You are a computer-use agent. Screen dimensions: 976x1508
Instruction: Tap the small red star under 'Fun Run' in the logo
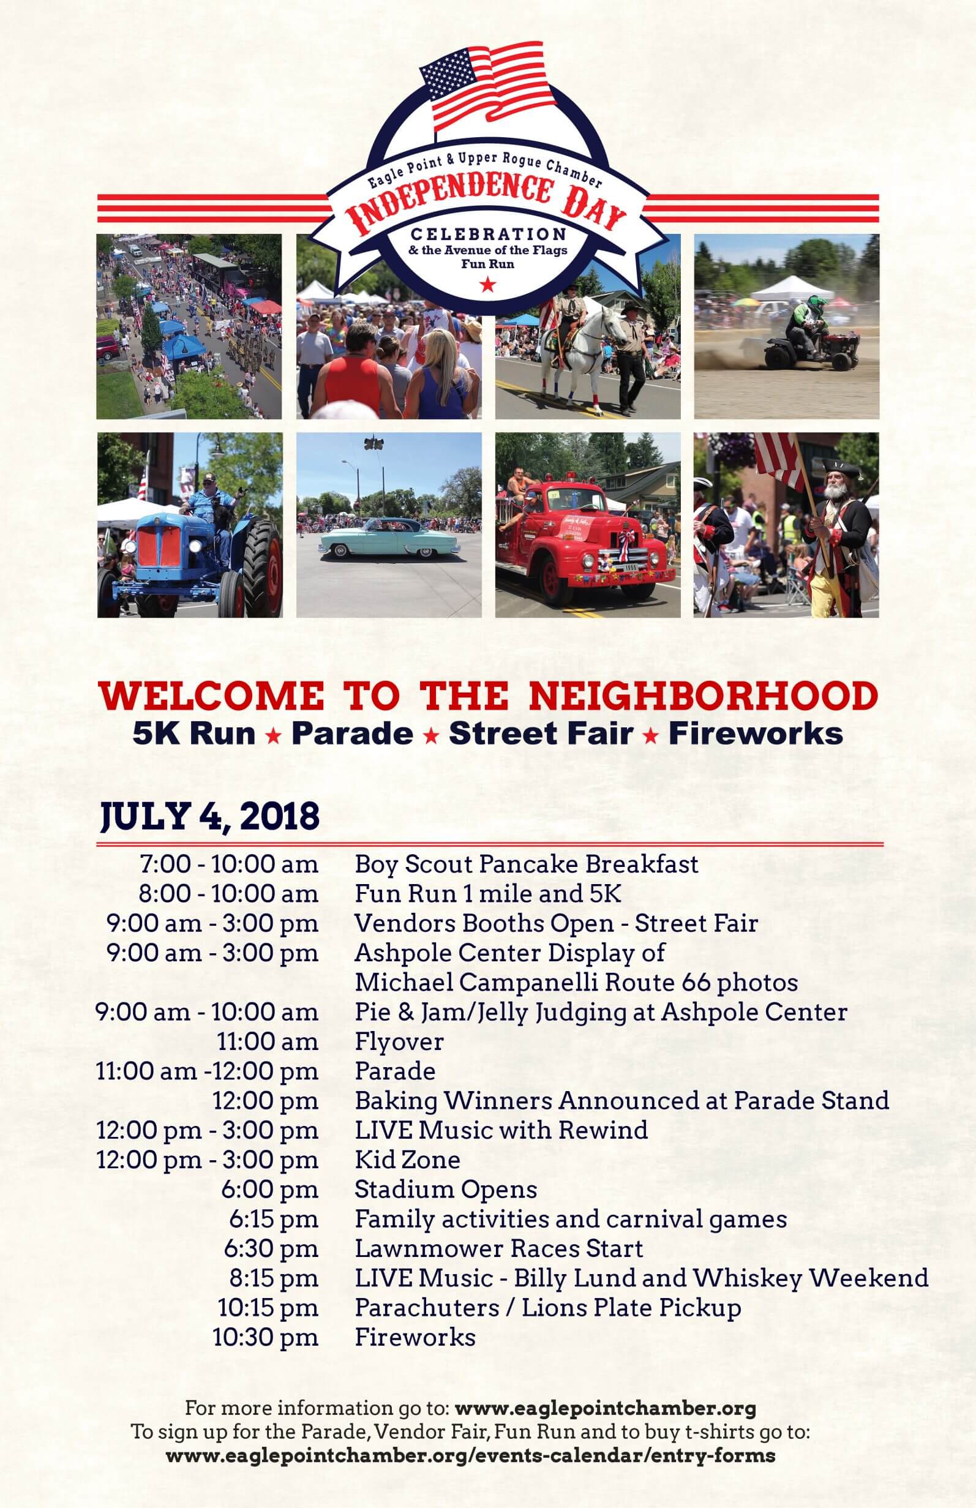click(487, 285)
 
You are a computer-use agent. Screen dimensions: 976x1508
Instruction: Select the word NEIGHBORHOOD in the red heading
click(703, 696)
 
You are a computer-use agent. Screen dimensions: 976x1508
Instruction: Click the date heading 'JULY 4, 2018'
click(210, 816)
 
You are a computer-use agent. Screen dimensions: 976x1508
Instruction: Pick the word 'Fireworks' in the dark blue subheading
click(756, 733)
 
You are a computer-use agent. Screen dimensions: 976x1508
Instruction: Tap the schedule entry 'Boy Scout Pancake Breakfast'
click(527, 865)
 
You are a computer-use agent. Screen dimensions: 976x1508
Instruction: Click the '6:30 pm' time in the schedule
click(271, 1249)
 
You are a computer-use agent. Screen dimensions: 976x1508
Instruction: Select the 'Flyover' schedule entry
click(399, 1041)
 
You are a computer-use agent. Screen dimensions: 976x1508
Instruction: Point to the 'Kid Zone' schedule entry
click(408, 1160)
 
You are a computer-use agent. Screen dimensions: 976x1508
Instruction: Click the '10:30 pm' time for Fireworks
click(266, 1338)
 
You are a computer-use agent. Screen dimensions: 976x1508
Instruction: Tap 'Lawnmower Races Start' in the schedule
click(500, 1249)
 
